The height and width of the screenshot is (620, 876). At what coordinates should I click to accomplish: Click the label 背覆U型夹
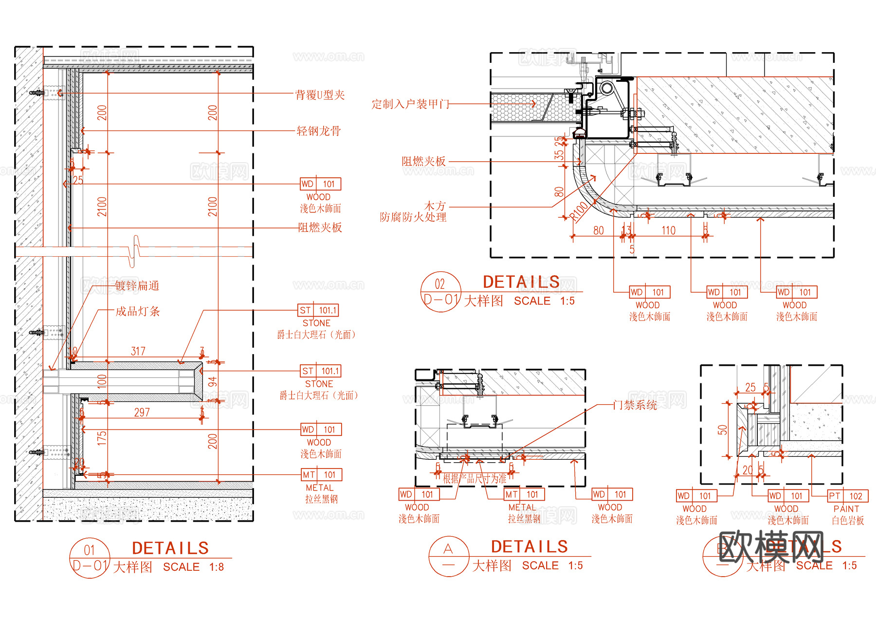click(x=320, y=94)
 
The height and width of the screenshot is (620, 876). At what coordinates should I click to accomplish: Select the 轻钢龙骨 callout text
click(x=319, y=131)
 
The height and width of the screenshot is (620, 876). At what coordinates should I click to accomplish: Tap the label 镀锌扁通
click(x=137, y=285)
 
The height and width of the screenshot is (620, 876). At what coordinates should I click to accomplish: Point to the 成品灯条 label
click(x=137, y=311)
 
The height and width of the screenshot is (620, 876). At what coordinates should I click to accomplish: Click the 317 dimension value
click(x=138, y=351)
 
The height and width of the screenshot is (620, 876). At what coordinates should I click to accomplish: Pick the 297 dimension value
click(x=142, y=413)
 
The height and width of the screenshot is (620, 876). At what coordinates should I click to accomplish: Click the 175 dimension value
click(x=102, y=437)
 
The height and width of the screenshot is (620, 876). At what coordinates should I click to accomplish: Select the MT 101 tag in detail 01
click(x=322, y=474)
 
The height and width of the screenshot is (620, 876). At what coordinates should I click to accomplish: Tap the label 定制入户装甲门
click(x=410, y=104)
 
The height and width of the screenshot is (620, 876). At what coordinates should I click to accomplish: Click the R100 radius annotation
click(x=579, y=212)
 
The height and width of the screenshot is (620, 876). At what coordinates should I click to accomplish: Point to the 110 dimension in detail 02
click(x=668, y=230)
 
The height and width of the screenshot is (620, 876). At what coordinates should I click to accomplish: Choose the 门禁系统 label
click(x=635, y=405)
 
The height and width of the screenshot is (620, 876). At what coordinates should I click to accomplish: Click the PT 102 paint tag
click(x=848, y=496)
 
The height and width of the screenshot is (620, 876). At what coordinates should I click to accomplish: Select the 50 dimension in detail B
click(x=722, y=430)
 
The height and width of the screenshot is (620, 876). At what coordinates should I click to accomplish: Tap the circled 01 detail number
click(x=90, y=550)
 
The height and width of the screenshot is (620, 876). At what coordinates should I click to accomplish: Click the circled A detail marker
click(x=448, y=549)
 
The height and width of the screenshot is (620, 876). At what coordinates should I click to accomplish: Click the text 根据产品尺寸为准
click(x=474, y=478)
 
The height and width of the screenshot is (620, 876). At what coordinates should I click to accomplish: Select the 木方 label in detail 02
click(x=435, y=206)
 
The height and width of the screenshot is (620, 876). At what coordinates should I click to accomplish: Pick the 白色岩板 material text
click(x=848, y=520)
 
